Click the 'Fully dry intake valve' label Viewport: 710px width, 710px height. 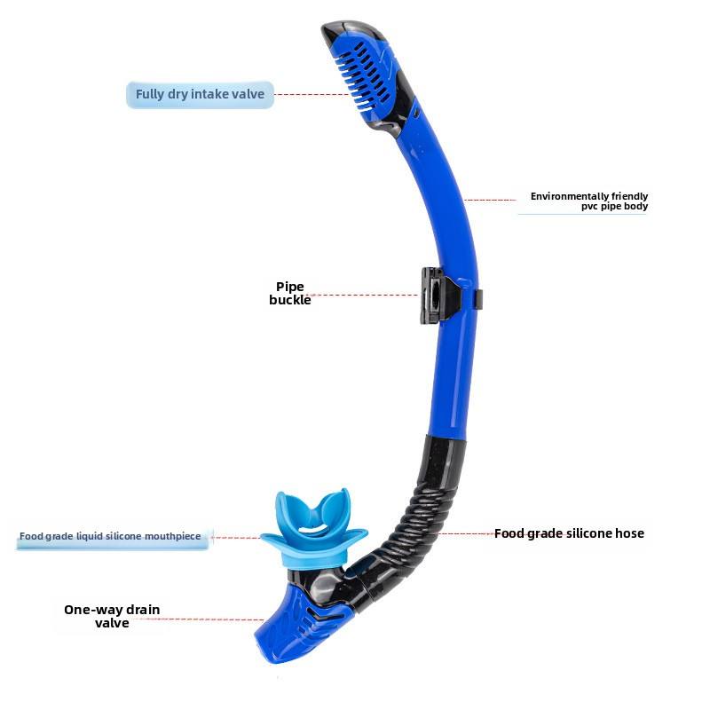click(200, 94)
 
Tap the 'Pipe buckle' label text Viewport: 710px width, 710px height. click(290, 293)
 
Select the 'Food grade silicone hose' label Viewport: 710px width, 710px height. click(569, 533)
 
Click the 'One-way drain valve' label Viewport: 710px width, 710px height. click(112, 616)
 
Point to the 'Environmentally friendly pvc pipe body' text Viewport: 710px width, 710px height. click(589, 201)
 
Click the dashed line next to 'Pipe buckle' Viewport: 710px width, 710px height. click(364, 295)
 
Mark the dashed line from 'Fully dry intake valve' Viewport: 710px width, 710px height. click(311, 94)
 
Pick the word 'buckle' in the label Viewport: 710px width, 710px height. click(290, 300)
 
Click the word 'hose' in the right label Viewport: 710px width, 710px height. click(628, 533)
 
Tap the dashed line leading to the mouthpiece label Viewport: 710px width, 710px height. click(237, 537)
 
